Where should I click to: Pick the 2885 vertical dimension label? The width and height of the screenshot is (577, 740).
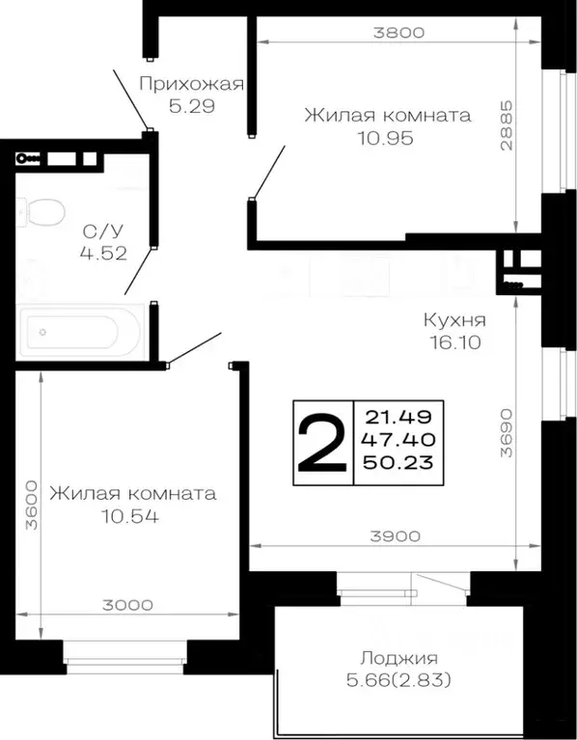(521, 125)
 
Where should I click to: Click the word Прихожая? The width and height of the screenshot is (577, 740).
(190, 83)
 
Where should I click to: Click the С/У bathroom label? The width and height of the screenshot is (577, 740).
(97, 232)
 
